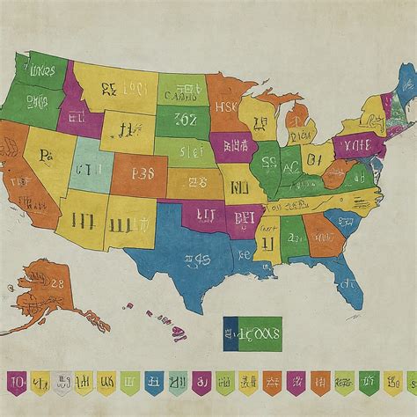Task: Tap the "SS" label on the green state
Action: pyautogui.click(x=269, y=162)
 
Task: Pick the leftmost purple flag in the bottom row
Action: pyautogui.click(x=16, y=383)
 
